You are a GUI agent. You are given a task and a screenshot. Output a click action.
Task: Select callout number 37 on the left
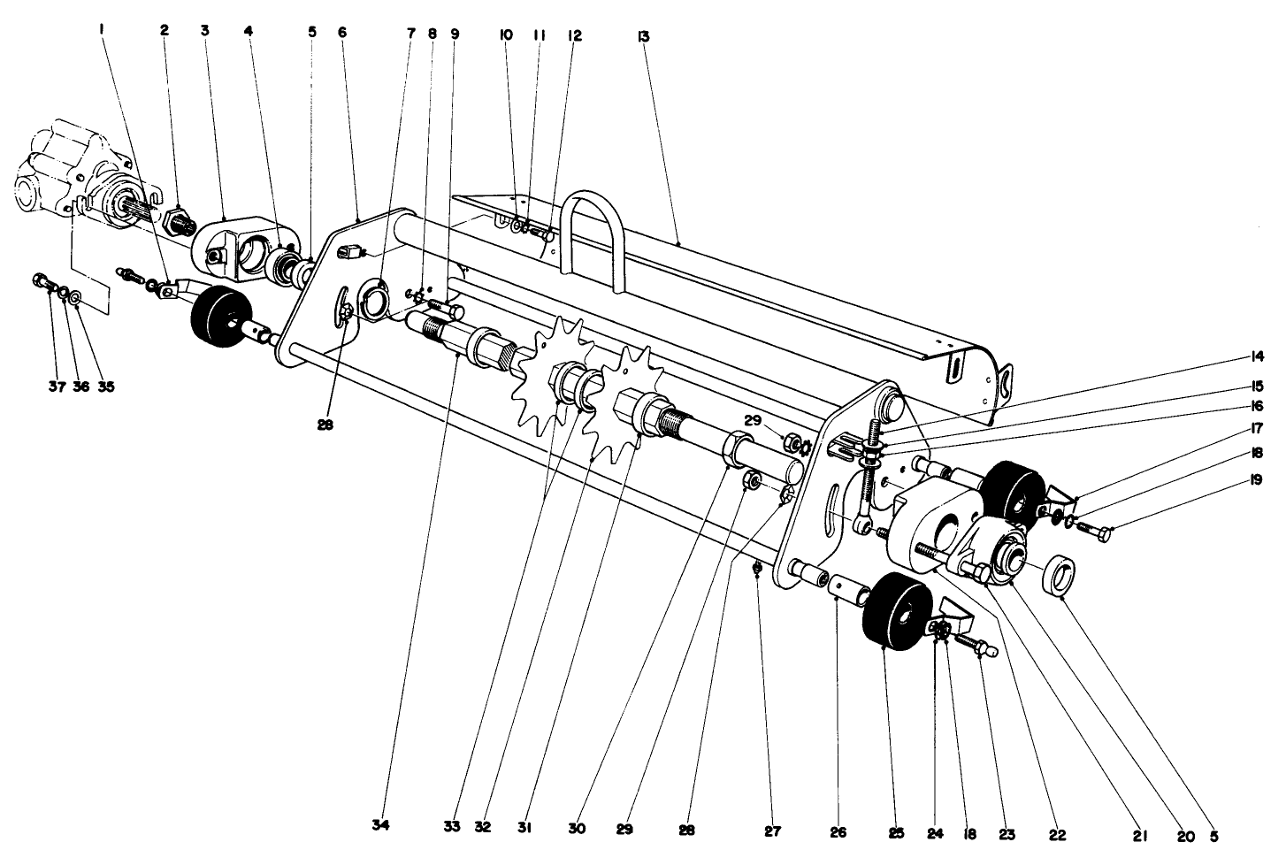(x=57, y=386)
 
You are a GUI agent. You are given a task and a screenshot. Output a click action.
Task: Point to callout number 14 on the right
(x=1257, y=358)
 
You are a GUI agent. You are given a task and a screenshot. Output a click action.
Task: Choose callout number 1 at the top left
(x=103, y=29)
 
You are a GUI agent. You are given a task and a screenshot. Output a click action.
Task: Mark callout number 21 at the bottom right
(x=1139, y=833)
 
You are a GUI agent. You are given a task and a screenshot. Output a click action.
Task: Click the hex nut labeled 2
(x=180, y=217)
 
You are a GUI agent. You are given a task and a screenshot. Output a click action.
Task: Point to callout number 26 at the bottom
(x=838, y=832)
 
